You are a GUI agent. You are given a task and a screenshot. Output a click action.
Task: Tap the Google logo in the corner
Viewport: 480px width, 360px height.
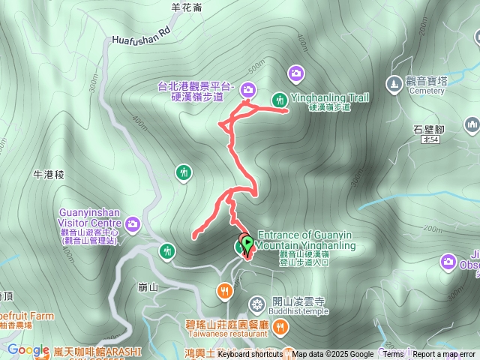click(x=28, y=349)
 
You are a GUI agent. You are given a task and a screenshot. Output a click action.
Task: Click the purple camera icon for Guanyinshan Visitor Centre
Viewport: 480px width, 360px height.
click(x=133, y=223)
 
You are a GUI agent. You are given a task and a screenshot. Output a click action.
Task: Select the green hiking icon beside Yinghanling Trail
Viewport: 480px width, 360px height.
click(x=280, y=98)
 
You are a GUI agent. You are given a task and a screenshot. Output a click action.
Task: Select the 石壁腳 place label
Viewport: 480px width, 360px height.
click(x=428, y=129)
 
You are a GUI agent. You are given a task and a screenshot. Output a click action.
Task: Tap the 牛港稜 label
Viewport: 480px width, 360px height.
click(x=50, y=174)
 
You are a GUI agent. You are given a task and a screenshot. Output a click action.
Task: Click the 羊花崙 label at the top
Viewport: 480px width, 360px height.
click(x=187, y=7)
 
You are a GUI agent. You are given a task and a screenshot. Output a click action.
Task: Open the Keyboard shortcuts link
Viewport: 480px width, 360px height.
click(x=250, y=354)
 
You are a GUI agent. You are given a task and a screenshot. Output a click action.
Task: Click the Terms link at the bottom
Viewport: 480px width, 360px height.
click(x=393, y=354)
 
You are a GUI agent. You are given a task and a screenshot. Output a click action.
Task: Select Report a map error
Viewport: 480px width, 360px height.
click(x=444, y=354)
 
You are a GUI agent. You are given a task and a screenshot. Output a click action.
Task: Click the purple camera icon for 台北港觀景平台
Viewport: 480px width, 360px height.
click(x=248, y=91)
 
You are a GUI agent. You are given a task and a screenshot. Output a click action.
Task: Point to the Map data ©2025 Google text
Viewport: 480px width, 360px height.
click(x=332, y=354)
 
